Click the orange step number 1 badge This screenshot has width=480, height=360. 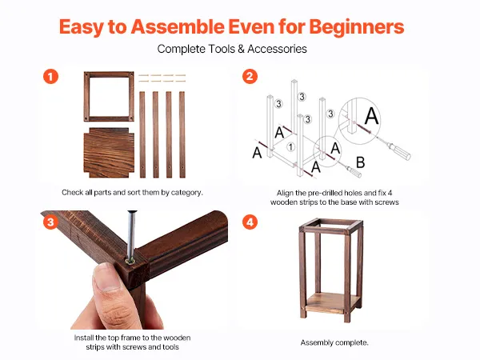[51, 77]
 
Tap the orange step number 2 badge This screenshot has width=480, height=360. [250, 77]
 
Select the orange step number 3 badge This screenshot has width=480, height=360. [51, 222]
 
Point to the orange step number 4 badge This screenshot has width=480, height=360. [250, 222]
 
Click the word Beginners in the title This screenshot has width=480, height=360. [357, 27]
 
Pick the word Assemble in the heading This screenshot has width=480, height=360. [178, 26]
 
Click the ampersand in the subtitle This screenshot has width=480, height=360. [241, 49]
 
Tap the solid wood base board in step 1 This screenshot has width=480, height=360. [109, 153]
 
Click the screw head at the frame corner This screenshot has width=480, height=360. [130, 261]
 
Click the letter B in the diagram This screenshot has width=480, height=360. [361, 162]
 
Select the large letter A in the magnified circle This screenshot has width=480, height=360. [372, 116]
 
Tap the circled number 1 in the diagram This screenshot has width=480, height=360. [291, 147]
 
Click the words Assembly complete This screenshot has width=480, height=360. [334, 342]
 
